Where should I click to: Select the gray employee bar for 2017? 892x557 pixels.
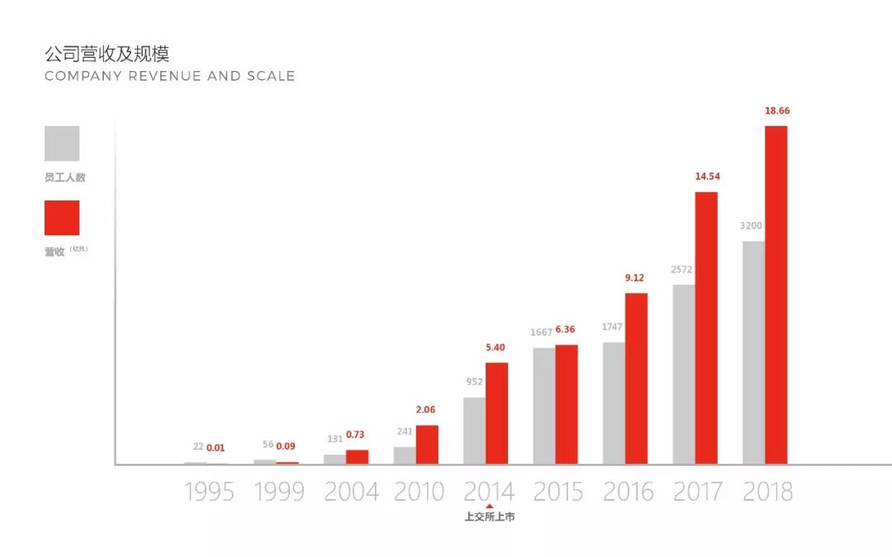[683, 375]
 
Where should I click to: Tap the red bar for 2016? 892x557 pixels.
[636, 379]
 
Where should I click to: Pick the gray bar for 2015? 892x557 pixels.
[543, 406]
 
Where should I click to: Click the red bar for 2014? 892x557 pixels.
[496, 413]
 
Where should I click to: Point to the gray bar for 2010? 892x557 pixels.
[404, 456]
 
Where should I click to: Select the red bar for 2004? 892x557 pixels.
[357, 457]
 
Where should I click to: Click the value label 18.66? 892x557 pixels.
[776, 111]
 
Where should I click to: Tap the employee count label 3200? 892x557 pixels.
[751, 226]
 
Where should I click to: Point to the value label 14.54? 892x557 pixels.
[706, 177]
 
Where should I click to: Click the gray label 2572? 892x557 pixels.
[681, 270]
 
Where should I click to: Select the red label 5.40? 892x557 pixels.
[496, 347]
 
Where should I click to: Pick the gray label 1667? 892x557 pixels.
[541, 333]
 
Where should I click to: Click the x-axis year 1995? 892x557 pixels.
[209, 493]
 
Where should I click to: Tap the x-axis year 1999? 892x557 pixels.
[279, 493]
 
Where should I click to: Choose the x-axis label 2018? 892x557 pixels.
[767, 493]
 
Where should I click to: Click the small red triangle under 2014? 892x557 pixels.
[489, 507]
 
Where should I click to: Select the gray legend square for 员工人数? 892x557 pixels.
[62, 144]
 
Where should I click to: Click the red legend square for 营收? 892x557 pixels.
[62, 218]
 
